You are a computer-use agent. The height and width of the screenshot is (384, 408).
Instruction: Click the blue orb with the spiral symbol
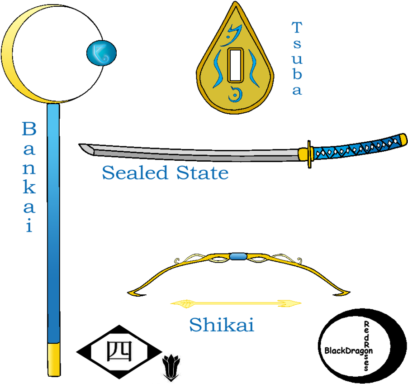coord(101,53)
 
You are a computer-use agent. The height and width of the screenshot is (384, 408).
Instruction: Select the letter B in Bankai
coord(29,130)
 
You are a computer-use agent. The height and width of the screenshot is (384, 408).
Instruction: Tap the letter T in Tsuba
coord(297,28)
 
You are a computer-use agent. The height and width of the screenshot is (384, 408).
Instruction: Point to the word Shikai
coord(222,325)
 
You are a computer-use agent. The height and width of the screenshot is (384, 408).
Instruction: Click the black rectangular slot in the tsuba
coord(235,65)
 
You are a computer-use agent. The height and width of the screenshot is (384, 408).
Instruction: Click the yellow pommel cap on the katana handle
coord(403,138)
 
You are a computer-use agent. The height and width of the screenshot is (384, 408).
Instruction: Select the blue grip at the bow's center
coord(238,257)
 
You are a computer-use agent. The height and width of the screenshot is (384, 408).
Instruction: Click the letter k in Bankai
coord(29,187)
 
